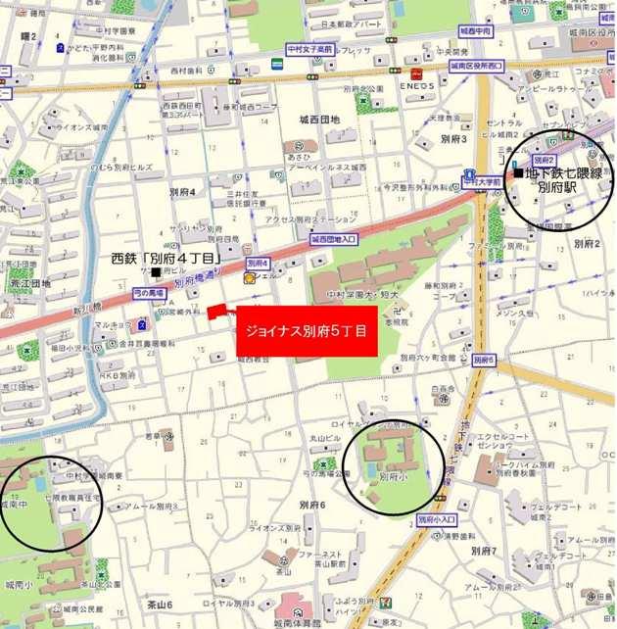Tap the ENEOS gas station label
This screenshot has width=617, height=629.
click(417, 87)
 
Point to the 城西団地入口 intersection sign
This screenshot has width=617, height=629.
click(334, 239)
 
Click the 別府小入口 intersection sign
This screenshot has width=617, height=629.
click(437, 519)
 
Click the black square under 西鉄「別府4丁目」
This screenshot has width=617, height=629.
click(157, 271)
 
